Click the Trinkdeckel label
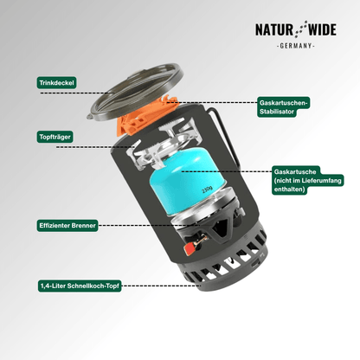point(56,83)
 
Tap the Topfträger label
point(55,137)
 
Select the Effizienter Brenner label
point(67,225)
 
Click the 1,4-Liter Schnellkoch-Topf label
point(80,286)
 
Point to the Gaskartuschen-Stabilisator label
point(284,107)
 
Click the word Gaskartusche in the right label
point(295,172)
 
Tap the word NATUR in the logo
point(274,29)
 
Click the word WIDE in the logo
point(322,29)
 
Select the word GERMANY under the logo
point(296,46)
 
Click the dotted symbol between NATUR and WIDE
point(300,29)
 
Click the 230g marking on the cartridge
point(207,190)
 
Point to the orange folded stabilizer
point(148,117)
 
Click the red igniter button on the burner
point(190,248)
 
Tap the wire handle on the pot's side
point(225,137)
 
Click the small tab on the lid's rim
point(90,117)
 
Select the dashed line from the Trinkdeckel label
point(74,93)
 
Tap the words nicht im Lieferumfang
point(308,181)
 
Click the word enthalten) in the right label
point(289,190)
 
